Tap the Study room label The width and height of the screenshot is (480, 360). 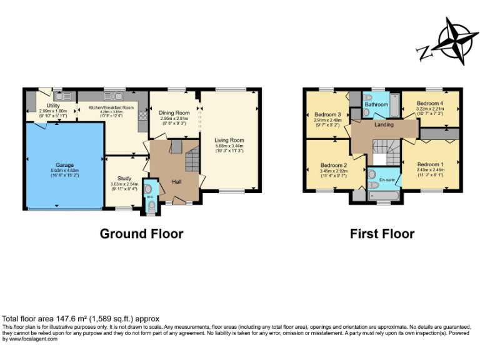tap(124, 178)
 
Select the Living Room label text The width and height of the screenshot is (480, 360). tap(229, 140)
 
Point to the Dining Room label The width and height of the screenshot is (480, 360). tap(174, 113)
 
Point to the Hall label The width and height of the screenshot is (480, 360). tap(177, 182)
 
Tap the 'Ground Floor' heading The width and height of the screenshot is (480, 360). tap(142, 234)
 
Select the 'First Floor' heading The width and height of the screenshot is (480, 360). tap(382, 234)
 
